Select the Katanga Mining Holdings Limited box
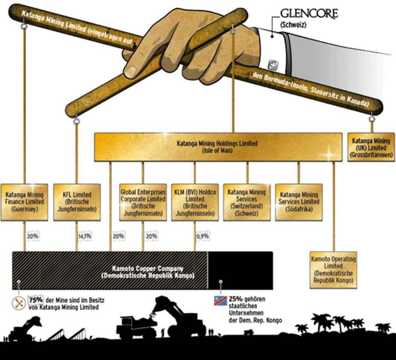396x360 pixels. (217, 147)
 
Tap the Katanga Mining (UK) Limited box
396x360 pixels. (371, 147)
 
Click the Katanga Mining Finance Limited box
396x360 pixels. (25, 202)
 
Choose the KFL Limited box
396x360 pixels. (77, 202)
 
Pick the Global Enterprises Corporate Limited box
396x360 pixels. (143, 202)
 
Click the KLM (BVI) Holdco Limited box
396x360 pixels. (195, 202)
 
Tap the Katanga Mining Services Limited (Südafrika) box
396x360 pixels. (299, 202)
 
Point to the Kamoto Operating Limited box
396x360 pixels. (333, 269)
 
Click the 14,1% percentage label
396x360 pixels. (84, 236)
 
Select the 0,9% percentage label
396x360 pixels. (203, 236)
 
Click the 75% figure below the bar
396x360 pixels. (35, 299)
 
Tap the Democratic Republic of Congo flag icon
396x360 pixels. (220, 301)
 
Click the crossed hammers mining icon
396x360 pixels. (18, 303)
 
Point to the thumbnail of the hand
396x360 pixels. (131, 70)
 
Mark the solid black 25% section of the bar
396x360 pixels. (240, 270)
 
